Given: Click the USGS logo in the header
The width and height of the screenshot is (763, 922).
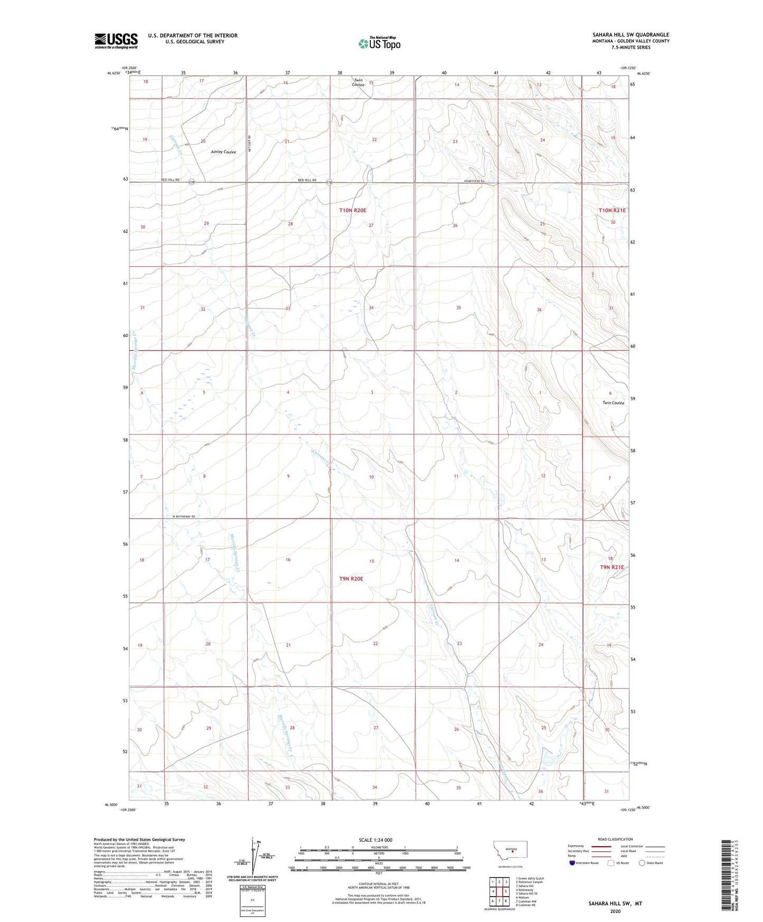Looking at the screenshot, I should coord(116,41).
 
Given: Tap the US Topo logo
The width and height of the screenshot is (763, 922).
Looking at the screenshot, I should coord(379,43).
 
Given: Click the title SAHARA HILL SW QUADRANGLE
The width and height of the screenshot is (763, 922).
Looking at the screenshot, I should coord(630,35).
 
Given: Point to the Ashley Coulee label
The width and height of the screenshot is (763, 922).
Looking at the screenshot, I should coord(223,152).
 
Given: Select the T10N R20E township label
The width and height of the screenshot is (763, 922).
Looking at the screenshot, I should coord(353,210).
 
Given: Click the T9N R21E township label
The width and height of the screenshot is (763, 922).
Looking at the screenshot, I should coord(611,567).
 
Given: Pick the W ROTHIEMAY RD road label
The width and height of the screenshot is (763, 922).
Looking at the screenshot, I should coord(184,516).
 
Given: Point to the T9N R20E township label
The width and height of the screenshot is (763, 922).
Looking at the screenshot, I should coord(352,579).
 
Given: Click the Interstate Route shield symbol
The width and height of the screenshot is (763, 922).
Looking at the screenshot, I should coord(572,863).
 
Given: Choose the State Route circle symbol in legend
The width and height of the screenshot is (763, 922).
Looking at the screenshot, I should coord(642,863).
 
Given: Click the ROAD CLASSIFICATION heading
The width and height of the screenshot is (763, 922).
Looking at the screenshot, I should coord(615,839).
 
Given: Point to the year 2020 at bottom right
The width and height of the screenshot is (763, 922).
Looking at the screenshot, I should coord(615,911).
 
